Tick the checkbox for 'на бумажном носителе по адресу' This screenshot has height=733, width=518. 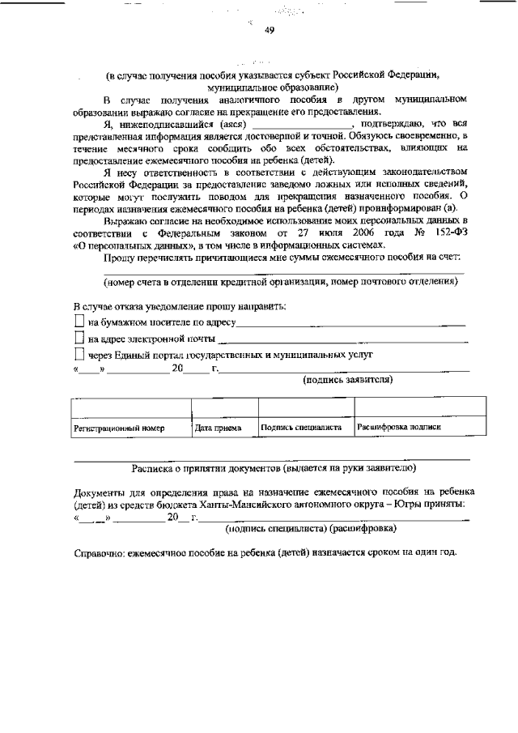79,323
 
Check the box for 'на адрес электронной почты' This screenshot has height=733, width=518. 79,339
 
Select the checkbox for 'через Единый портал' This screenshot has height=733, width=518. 79,354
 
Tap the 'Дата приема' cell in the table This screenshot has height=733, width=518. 218,427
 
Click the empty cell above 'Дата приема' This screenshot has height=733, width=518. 223,407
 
